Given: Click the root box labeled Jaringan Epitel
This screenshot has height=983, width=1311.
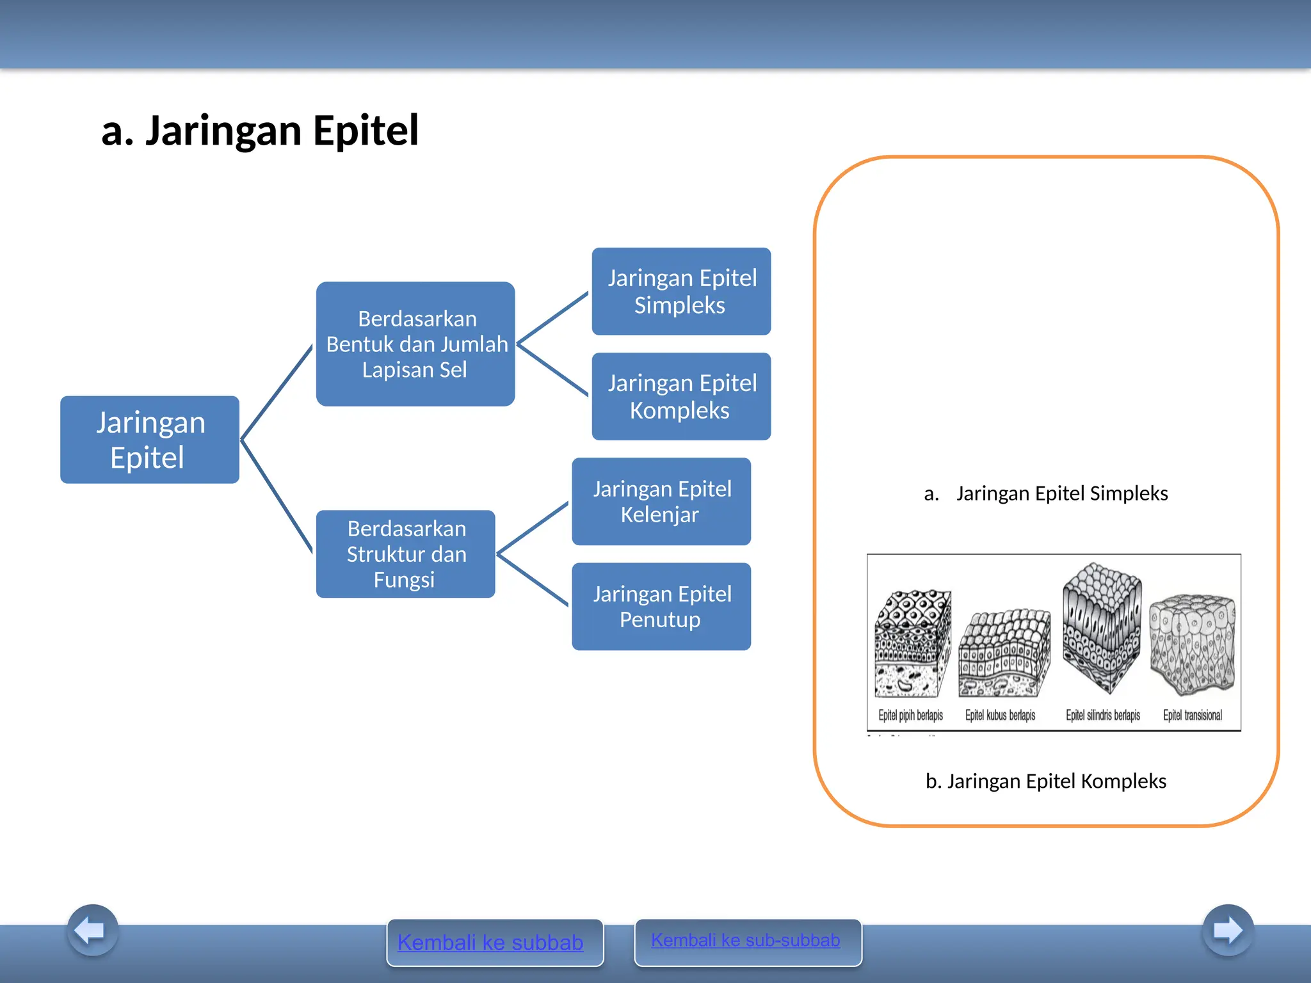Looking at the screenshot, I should [150, 440].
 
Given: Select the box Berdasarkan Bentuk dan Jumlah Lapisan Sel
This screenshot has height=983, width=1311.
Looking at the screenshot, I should [415, 344].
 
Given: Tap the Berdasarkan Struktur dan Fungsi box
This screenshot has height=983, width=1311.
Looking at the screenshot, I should [406, 554].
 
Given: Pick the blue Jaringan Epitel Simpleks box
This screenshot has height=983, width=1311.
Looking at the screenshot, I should [681, 291].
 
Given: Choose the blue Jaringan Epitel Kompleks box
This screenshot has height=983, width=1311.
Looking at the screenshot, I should [681, 396].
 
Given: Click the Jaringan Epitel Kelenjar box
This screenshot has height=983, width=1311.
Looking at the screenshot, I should [661, 501].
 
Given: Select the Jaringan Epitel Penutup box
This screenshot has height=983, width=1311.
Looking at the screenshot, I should [661, 606].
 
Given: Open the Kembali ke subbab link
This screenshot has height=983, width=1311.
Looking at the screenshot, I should [490, 942].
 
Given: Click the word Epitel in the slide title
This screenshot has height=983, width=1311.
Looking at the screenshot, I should [366, 131].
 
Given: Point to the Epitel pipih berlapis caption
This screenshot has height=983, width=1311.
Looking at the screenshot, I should [910, 715].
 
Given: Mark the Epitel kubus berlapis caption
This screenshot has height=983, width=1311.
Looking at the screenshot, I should [1000, 715].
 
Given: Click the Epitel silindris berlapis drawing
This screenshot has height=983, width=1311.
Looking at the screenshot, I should [1102, 627].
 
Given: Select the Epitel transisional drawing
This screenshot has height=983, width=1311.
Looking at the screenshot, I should [1192, 643].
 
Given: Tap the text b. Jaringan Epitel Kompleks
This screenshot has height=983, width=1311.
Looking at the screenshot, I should [1046, 781].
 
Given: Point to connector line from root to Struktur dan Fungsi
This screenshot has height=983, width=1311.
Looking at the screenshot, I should [277, 497].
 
